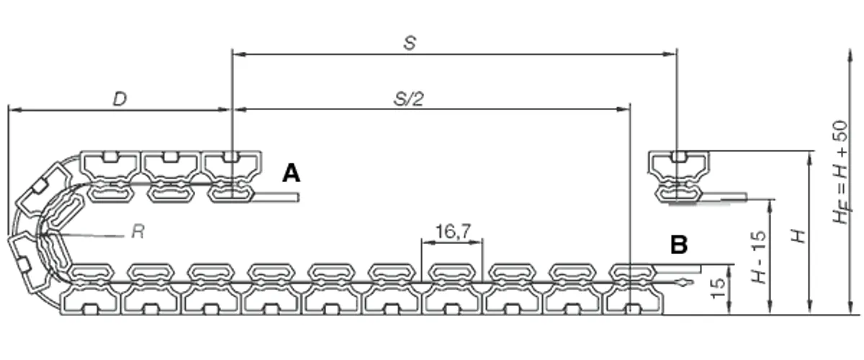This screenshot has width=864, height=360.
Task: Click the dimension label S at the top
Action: pos(410,43)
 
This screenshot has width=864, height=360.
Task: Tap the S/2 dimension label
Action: pos(409,99)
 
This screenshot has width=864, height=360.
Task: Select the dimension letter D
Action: pos(120,99)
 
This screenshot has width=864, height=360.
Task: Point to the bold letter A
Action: pos(291,173)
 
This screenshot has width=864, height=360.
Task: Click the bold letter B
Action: pos(679,245)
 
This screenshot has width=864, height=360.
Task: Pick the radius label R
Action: pos(138,232)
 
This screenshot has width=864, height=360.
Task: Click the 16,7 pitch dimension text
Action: pos(453,232)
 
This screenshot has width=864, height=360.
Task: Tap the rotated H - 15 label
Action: pos(759,256)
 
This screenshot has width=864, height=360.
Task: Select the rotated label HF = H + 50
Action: pos(841,172)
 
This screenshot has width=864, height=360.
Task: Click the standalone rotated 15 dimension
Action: pos(717,289)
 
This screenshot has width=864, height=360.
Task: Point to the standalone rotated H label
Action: pos(798,236)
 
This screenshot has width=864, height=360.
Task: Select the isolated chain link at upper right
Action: pos(679,176)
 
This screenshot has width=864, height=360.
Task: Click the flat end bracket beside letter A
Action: pos(275,197)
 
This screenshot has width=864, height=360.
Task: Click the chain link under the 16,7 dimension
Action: pos(452,289)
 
